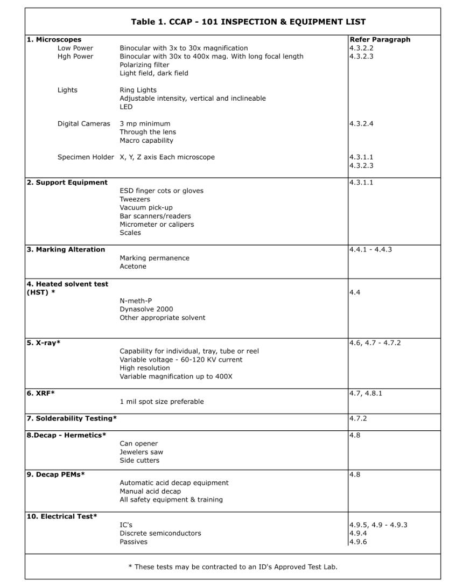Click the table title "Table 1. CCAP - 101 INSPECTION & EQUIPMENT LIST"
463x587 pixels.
[x=248, y=22]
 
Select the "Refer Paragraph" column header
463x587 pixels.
[x=380, y=40]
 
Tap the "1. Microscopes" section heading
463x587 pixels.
[x=54, y=40]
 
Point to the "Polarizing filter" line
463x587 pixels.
[x=144, y=65]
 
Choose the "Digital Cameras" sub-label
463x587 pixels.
[x=83, y=124]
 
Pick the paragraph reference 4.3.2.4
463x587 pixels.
[x=361, y=124]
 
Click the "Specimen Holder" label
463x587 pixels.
[x=86, y=157]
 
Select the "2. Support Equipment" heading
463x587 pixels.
[x=67, y=183]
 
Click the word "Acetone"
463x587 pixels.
[x=133, y=267]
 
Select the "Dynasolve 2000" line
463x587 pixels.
[x=146, y=309]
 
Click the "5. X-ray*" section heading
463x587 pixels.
[x=44, y=343]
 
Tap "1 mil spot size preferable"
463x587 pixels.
[x=162, y=401]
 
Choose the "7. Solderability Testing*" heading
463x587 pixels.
[x=72, y=418]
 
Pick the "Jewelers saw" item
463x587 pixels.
[x=141, y=452]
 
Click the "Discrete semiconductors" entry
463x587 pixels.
[x=160, y=533]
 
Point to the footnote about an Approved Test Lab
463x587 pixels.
[x=233, y=567]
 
